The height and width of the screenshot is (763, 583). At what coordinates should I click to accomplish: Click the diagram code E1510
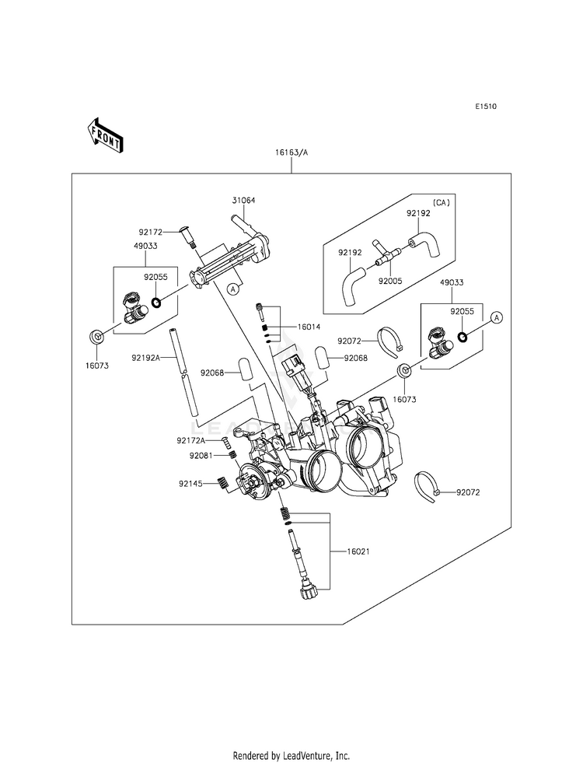(486, 107)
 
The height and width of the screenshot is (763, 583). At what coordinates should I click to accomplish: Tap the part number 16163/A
(291, 152)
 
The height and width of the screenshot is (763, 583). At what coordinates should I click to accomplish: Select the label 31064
(243, 200)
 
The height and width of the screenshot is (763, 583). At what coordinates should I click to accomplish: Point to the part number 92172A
(191, 441)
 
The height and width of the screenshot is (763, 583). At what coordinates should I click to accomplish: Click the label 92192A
(145, 358)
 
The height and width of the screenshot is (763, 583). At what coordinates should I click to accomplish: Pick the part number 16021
(358, 551)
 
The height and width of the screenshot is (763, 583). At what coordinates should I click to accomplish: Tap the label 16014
(309, 327)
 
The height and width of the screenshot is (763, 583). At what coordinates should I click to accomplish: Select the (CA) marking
(442, 201)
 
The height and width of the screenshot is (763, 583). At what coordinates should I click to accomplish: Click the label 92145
(190, 484)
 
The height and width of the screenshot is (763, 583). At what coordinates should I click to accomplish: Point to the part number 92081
(201, 456)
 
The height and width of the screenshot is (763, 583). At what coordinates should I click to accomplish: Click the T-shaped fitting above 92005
(386, 253)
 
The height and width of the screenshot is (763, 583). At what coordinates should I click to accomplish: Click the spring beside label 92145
(222, 483)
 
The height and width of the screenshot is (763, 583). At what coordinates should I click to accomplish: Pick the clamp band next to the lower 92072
(427, 485)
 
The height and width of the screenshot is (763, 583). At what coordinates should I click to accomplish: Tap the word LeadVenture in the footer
(305, 756)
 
